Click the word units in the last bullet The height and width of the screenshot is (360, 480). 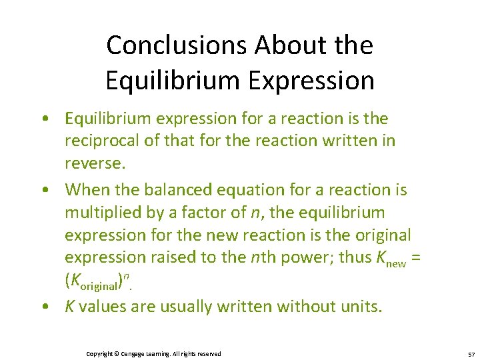365,307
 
